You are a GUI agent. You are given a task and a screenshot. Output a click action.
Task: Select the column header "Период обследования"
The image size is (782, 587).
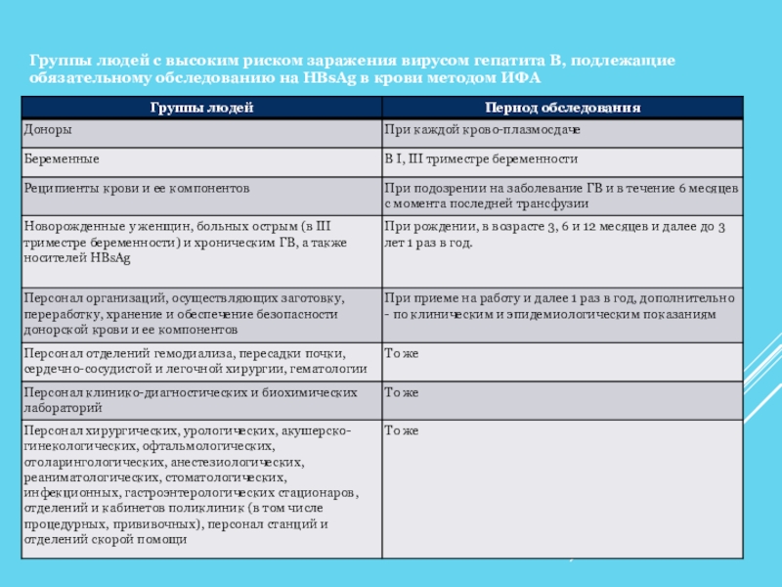[562, 108]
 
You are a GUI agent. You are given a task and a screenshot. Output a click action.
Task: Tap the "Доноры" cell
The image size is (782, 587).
[46, 130]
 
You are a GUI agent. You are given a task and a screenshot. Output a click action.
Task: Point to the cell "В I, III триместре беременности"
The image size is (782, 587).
[481, 158]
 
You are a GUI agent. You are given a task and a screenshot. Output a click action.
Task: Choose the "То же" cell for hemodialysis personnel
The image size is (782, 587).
[401, 352]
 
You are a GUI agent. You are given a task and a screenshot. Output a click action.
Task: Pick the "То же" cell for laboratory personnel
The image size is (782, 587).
[401, 392]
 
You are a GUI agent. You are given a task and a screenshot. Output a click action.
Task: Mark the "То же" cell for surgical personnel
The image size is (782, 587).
[401, 430]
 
